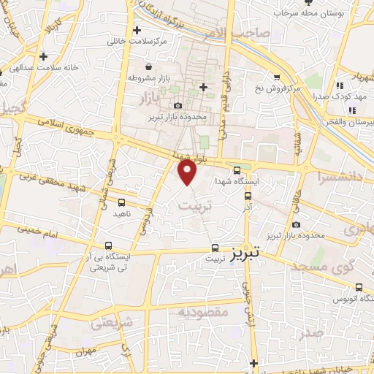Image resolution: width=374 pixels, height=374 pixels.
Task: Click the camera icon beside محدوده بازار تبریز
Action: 178,106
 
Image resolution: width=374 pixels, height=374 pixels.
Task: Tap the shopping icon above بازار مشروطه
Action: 148,66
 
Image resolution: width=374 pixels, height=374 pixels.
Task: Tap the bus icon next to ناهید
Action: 121,202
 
